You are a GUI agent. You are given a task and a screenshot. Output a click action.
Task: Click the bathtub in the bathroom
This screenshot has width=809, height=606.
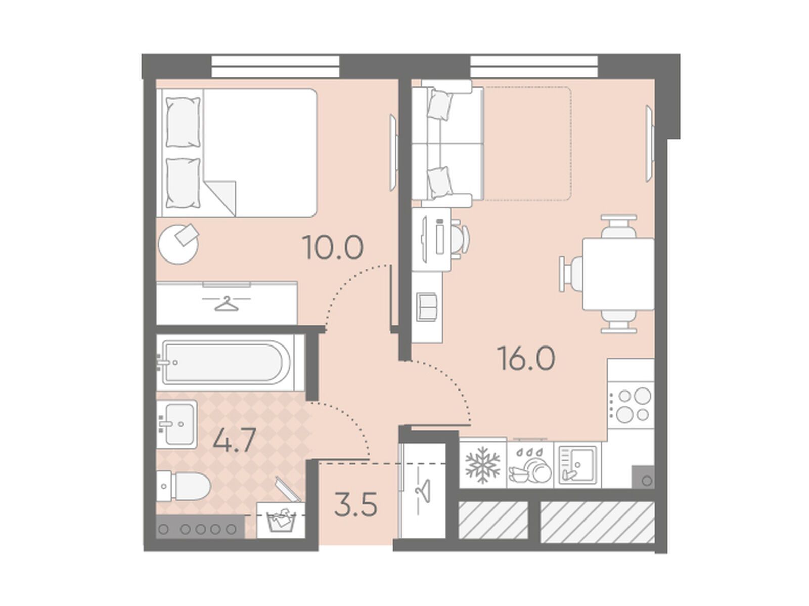226,362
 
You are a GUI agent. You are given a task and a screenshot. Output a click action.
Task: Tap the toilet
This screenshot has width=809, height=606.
183,486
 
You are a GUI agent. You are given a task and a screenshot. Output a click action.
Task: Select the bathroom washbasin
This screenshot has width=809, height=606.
176,424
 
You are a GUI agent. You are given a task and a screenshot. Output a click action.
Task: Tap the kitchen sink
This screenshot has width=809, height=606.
577,465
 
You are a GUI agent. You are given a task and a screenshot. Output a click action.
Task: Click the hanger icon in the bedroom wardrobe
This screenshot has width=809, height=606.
226,304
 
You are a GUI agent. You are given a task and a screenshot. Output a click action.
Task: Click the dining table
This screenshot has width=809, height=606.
618,274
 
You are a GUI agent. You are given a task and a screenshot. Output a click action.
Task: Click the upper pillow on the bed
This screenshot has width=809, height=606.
184,122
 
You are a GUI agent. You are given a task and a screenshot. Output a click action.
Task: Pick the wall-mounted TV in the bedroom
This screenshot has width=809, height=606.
393,153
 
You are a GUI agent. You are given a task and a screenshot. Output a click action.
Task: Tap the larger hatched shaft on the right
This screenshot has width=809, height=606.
597,522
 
